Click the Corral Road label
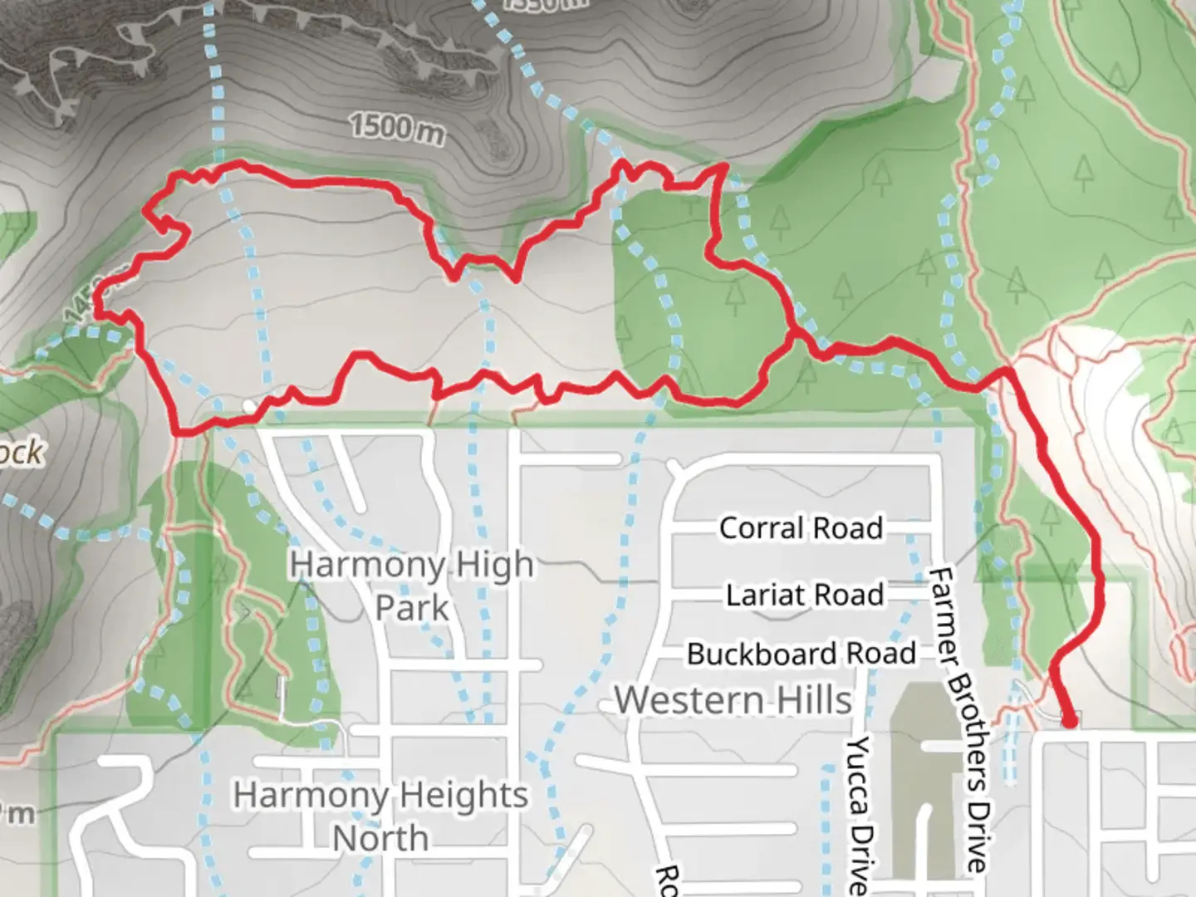(x=800, y=528)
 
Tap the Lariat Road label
(x=804, y=595)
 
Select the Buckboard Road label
(x=801, y=654)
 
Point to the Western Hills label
(x=733, y=700)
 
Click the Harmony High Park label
(x=411, y=586)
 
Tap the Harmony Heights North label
(x=380, y=816)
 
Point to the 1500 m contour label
(x=396, y=128)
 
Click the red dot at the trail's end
(x=1070, y=720)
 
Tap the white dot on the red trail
(x=248, y=404)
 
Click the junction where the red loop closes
(x=795, y=335)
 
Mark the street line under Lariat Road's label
(x=804, y=615)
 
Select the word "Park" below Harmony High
(x=411, y=608)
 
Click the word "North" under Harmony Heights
(x=380, y=838)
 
